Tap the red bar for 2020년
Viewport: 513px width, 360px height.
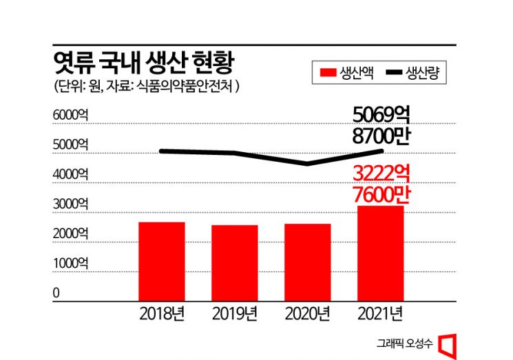(307, 262)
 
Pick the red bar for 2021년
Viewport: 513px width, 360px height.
(380, 253)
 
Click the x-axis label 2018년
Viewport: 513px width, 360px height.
(161, 315)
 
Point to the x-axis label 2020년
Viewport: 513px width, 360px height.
(307, 315)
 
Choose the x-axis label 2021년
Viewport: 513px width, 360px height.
(380, 315)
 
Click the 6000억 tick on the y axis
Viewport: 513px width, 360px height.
(71, 115)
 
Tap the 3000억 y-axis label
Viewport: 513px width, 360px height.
(71, 204)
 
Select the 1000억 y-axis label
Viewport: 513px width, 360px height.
(71, 263)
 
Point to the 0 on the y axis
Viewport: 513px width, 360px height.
(56, 293)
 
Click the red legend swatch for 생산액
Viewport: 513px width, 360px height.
(326, 72)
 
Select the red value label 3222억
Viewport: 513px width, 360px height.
(381, 173)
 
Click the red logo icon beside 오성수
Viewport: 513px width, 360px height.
(449, 342)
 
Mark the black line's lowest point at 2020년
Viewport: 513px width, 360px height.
(307, 164)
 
